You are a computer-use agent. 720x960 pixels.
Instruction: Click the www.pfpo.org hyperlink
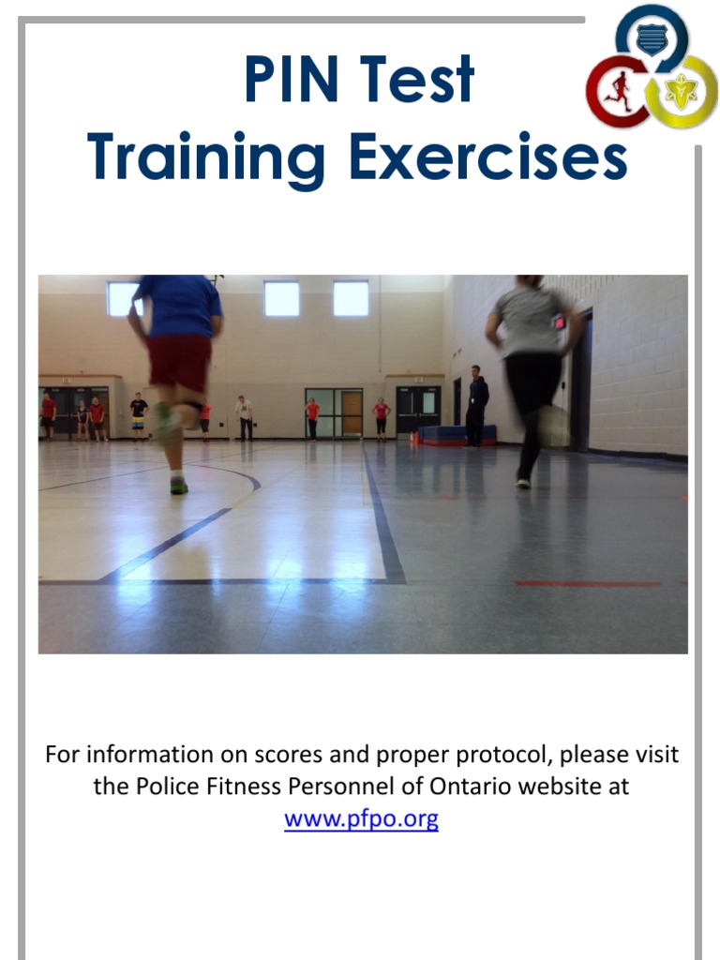(361, 819)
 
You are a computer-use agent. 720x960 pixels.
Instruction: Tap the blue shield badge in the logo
(651, 37)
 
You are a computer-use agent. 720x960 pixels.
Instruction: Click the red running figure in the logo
(617, 91)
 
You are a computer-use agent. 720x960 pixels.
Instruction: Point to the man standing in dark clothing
(476, 405)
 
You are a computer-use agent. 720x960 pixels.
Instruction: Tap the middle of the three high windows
(281, 299)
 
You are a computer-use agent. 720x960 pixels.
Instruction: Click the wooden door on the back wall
(352, 412)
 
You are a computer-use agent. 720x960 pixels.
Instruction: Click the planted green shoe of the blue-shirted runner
(178, 485)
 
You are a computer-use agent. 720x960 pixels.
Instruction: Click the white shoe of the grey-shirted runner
(523, 483)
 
